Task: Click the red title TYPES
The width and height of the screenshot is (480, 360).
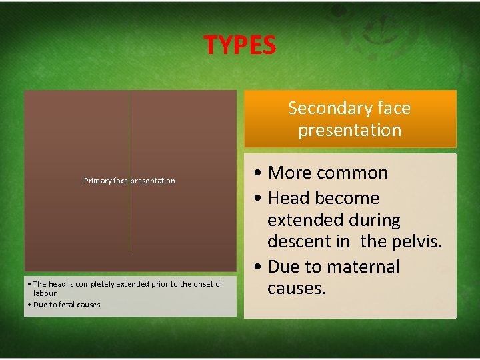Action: (239, 45)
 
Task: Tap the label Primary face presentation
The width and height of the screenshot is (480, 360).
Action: (129, 181)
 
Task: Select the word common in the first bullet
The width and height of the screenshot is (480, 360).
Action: (357, 173)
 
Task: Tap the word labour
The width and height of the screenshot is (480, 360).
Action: (45, 293)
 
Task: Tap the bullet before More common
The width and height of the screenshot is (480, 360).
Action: (258, 173)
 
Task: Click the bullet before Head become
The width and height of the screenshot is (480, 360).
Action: (258, 198)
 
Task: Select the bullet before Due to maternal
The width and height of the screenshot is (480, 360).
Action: (258, 267)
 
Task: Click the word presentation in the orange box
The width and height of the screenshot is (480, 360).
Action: (349, 130)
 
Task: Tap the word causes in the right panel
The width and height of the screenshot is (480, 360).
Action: (296, 288)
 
